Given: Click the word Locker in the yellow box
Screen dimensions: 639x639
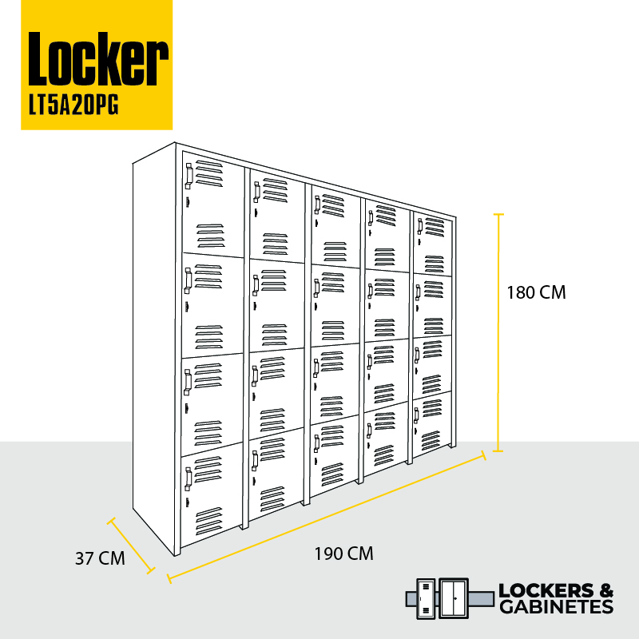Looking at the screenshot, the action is tap(97, 58).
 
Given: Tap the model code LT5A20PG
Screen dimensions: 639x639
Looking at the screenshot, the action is tap(73, 106).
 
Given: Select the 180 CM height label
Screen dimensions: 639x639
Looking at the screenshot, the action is tap(536, 292).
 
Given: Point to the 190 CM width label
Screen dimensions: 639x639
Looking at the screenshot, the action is tap(343, 554).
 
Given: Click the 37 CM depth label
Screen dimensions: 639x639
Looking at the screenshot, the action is tap(100, 558).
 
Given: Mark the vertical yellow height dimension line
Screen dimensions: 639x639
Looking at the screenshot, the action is tap(498, 332).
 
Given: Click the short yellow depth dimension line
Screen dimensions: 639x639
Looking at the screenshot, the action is tap(131, 546).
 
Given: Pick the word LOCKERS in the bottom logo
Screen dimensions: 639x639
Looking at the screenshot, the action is tap(541, 590).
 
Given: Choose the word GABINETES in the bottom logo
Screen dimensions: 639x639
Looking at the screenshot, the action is tap(556, 607).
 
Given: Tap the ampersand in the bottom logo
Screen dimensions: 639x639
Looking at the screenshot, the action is tap(606, 590).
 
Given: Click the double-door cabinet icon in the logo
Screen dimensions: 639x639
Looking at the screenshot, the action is tap(453, 598).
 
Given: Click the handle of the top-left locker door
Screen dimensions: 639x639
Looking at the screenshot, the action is tap(189, 176).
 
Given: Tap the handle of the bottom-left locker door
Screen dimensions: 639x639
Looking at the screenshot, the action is tap(189, 479).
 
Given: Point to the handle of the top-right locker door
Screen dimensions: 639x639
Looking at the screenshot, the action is tap(419, 227).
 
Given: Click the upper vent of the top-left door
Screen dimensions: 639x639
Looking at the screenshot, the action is tap(209, 173).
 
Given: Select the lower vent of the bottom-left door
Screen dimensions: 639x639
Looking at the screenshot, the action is tap(209, 522).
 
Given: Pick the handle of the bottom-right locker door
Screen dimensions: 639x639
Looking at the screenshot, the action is tap(416, 415).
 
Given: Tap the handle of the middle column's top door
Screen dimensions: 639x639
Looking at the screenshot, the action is tap(317, 205).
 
